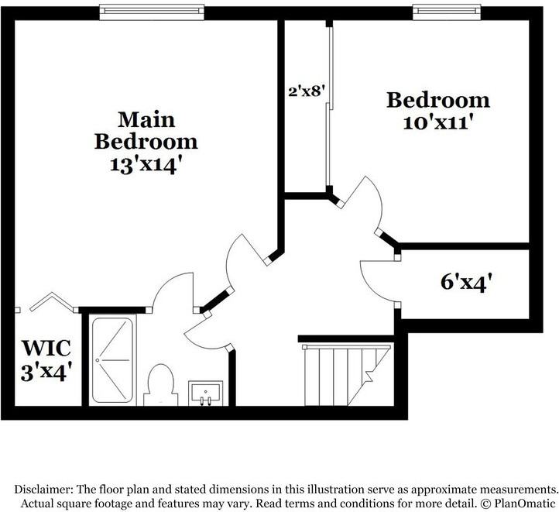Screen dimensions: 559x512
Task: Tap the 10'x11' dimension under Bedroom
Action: click(438, 123)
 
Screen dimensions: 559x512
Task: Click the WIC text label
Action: click(46, 348)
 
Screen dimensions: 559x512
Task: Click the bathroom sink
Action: click(206, 393)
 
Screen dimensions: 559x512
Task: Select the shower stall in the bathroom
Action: click(112, 360)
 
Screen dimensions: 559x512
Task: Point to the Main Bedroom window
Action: click(152, 12)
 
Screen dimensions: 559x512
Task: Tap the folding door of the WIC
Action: click(53, 301)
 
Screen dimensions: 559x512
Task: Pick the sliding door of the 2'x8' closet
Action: click(329, 107)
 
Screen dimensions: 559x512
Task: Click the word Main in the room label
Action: click(146, 119)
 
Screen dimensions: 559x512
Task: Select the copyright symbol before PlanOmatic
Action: click(485, 503)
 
